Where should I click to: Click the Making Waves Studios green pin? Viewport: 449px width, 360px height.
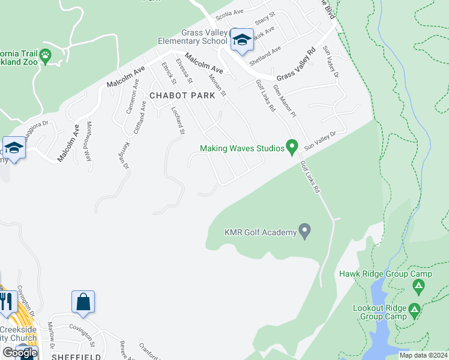point(292,146)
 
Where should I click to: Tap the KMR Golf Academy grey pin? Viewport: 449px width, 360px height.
point(305,230)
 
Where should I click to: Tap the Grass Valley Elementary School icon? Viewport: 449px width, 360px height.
point(242,40)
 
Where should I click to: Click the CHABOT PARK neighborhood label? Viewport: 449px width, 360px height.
point(174,96)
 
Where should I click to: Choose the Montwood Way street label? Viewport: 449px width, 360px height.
point(89,142)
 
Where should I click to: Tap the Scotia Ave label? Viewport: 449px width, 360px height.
point(229,12)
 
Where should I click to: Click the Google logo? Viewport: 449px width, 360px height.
point(19,353)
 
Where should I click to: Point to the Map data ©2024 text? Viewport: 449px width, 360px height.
point(423,355)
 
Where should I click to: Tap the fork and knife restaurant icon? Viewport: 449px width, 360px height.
point(7,300)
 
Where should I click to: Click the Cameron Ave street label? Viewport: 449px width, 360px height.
point(131,100)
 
